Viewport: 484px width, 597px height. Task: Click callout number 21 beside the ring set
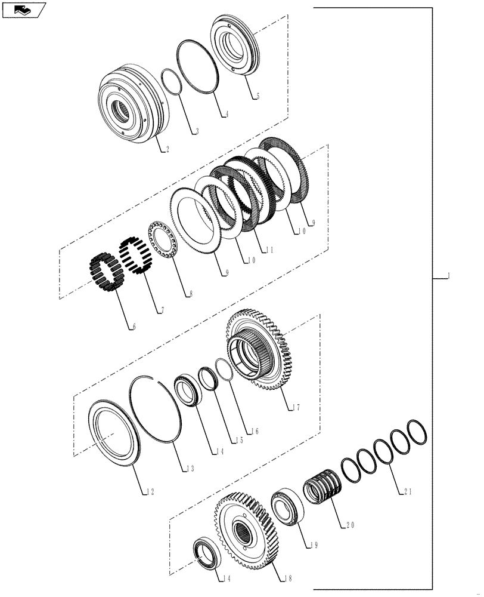(x=408, y=493)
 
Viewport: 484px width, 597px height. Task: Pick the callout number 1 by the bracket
(x=448, y=276)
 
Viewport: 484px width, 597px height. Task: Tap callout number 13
(x=190, y=469)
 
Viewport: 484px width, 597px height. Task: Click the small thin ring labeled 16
(x=223, y=369)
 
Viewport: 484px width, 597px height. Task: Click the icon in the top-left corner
(x=23, y=10)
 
